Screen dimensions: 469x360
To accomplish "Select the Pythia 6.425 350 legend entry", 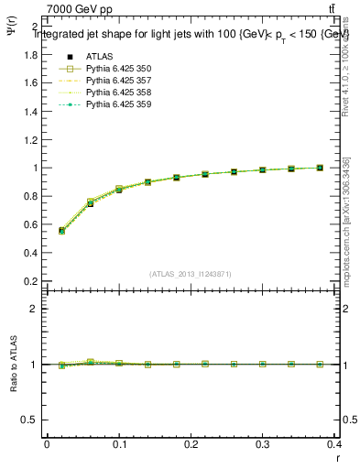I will coord(114,69).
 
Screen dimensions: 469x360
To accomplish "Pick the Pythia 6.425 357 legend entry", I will coord(114,81).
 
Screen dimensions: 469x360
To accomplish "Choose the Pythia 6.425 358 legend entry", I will coord(114,93).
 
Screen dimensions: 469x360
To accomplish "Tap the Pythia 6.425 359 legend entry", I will coord(114,104).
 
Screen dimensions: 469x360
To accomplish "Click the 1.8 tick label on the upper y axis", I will coord(31,55).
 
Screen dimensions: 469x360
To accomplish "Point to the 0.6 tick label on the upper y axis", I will coord(31,225).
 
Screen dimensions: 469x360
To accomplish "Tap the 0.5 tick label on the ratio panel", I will coord(31,420).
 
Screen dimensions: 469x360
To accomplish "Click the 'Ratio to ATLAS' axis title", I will coord(14,364).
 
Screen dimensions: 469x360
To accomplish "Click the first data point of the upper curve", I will coord(61,231).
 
